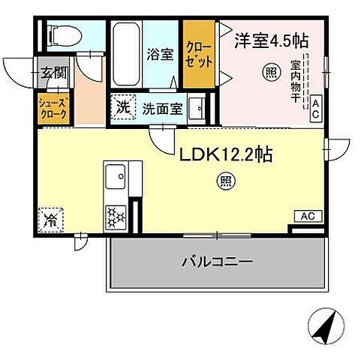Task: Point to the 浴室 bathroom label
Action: (x=160, y=55)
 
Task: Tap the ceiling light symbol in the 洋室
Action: (x=268, y=72)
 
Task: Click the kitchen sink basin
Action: (x=116, y=178)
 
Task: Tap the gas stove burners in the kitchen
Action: (x=118, y=215)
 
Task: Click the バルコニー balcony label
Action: (x=218, y=262)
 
